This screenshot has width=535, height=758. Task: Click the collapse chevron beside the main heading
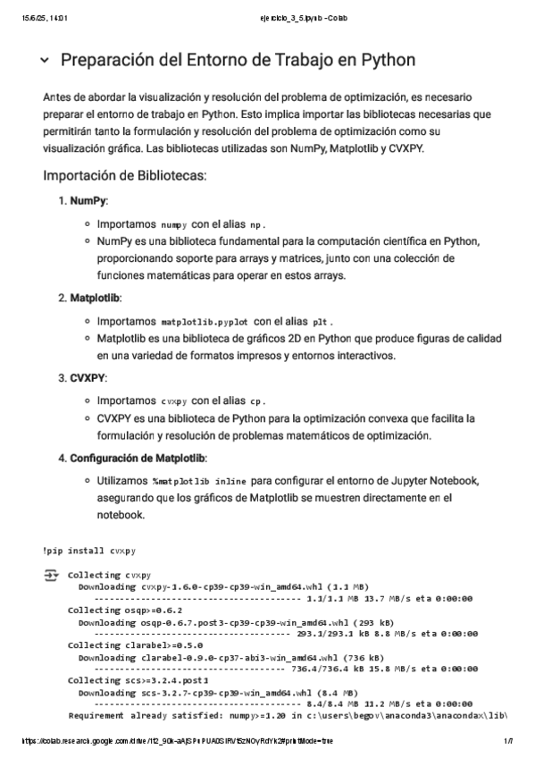tap(45, 61)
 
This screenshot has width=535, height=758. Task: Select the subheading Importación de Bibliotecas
tap(124, 175)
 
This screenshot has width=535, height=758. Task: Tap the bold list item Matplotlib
tap(96, 297)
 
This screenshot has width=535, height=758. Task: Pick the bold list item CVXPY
tap(88, 377)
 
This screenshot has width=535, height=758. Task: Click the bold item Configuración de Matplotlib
tap(138, 459)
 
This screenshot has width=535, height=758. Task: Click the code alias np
tap(257, 224)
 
